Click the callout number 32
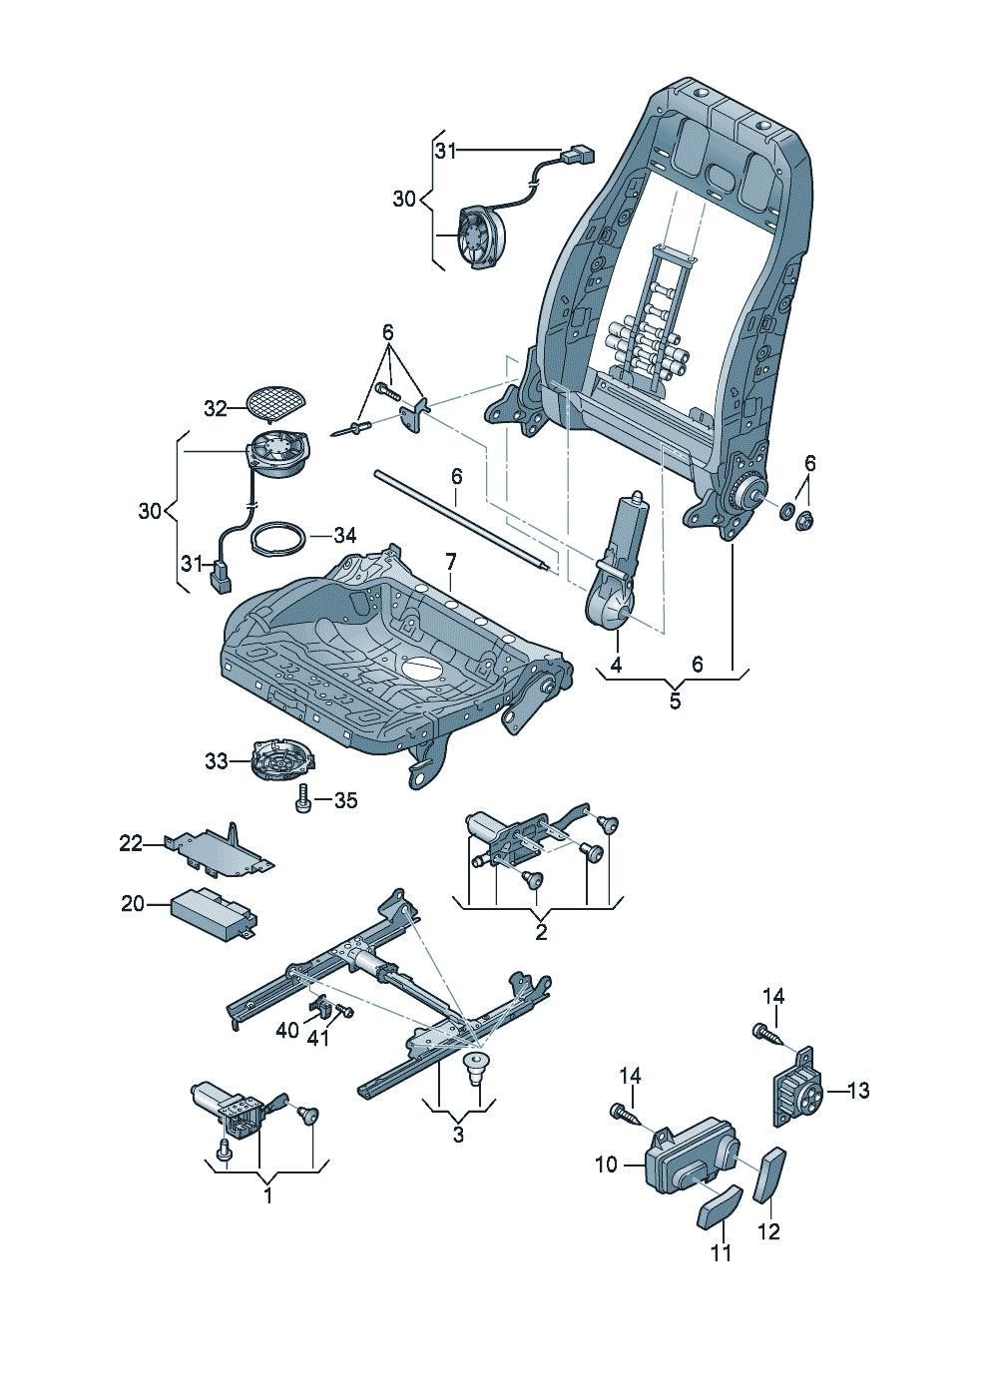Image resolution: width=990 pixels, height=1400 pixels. pos(216,408)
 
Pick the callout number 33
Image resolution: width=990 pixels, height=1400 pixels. pos(217,761)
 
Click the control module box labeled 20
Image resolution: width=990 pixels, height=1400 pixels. pos(213,910)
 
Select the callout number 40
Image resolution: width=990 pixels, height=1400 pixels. pos(287,1029)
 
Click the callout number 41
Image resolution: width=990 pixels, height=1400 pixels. pos(317,1038)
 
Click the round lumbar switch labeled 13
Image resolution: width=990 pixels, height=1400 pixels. pos(798,1090)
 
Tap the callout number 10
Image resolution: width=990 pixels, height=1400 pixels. pos(607,1165)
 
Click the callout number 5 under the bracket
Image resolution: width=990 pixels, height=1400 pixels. pos(675,700)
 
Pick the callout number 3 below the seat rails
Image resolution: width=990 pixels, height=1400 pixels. pos(458,1135)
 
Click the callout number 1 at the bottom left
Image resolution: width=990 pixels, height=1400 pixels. pos(267,1194)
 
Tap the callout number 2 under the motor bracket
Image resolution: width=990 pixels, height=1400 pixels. pos(541,933)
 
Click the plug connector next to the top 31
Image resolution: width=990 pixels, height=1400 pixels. pos(578,156)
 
